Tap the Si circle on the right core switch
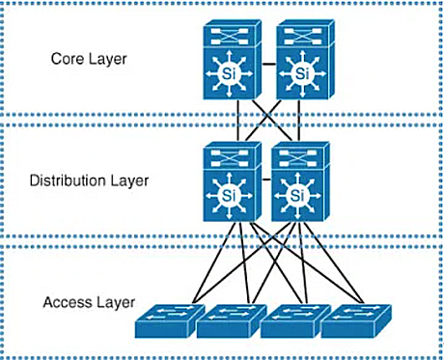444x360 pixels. tap(303, 74)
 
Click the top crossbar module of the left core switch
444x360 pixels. tap(232, 39)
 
